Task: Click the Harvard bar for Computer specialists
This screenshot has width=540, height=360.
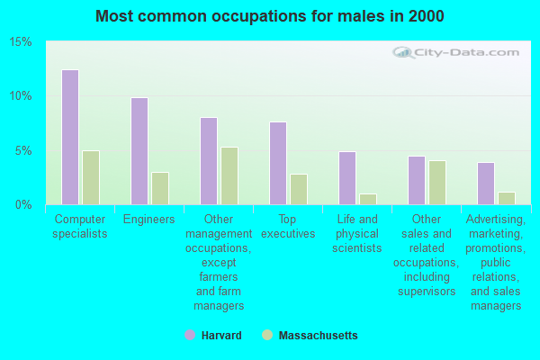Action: pyautogui.click(x=69, y=137)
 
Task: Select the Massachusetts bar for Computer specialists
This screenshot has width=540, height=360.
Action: pyautogui.click(x=91, y=177)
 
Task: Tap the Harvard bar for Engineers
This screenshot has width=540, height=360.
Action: pyautogui.click(x=139, y=151)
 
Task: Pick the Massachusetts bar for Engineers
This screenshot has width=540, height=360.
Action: pyautogui.click(x=160, y=188)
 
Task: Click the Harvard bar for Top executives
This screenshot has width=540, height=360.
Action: pyautogui.click(x=277, y=163)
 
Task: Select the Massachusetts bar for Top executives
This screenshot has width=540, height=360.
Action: pyautogui.click(x=299, y=189)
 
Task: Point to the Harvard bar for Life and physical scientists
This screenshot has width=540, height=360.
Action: pyautogui.click(x=346, y=178)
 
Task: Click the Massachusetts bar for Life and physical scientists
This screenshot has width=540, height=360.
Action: pyautogui.click(x=368, y=199)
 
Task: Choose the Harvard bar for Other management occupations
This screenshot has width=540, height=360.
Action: pyautogui.click(x=208, y=161)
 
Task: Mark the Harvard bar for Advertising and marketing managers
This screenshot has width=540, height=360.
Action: pyautogui.click(x=485, y=184)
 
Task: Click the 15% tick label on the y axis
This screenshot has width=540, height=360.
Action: pyautogui.click(x=21, y=42)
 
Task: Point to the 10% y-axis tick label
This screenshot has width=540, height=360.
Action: pyautogui.click(x=21, y=96)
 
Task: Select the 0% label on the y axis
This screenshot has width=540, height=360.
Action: pyautogui.click(x=24, y=204)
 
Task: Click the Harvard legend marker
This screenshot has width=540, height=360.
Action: pyautogui.click(x=190, y=336)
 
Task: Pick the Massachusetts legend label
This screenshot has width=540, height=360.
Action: pyautogui.click(x=318, y=336)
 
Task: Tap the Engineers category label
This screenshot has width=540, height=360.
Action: pyautogui.click(x=149, y=220)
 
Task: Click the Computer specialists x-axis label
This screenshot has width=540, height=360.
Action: pyautogui.click(x=81, y=226)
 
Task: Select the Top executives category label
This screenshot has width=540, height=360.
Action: pyautogui.click(x=288, y=226)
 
